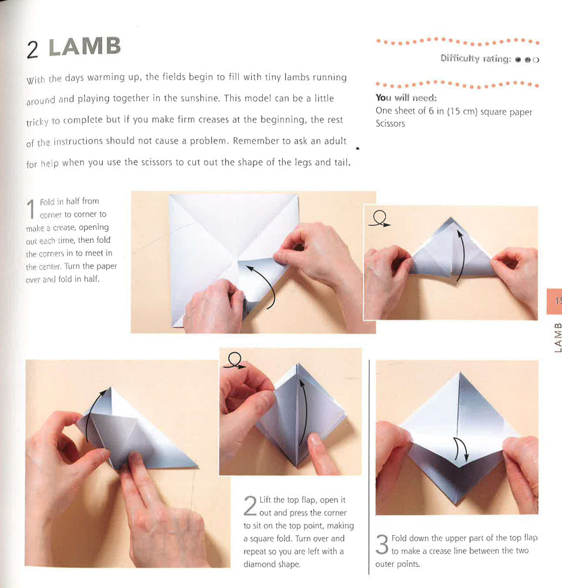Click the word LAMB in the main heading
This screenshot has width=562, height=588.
[85, 47]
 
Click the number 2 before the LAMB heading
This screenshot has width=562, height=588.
[33, 50]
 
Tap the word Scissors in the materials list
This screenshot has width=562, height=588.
[390, 123]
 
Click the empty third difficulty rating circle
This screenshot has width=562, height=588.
[536, 59]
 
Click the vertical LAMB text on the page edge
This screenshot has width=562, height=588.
[557, 337]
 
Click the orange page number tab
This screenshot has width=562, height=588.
[554, 300]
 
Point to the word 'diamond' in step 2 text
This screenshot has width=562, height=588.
[259, 564]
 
